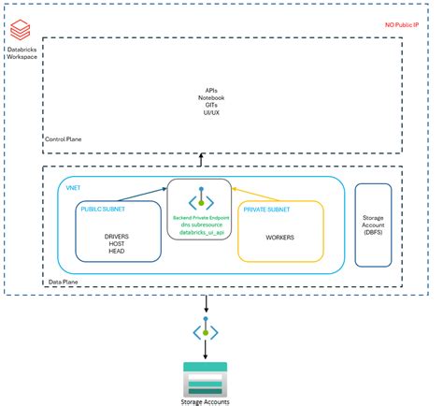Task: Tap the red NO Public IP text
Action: click(408, 25)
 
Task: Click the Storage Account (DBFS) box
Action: click(373, 225)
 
